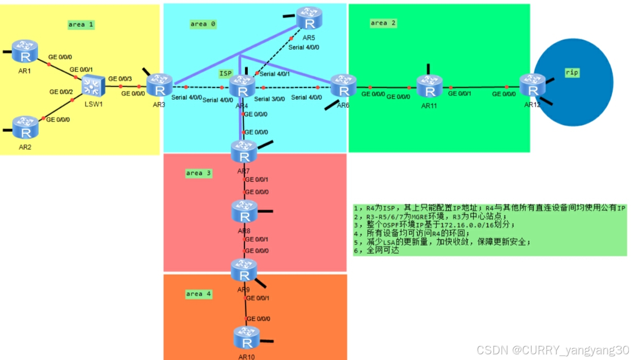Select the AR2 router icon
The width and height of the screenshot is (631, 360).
point(25,128)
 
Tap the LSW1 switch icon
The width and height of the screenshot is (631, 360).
point(93,86)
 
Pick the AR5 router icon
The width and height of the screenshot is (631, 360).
point(309,19)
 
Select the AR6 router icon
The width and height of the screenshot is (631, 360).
point(343,86)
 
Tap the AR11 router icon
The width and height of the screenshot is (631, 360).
point(429,87)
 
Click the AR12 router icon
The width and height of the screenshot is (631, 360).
point(532,86)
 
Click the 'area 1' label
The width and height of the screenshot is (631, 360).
point(81,24)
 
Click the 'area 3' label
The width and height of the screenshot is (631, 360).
point(198,173)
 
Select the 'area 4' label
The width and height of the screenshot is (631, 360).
point(198,294)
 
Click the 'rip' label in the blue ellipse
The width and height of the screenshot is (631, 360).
point(572,73)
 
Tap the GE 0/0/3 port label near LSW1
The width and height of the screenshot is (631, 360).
point(119,79)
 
